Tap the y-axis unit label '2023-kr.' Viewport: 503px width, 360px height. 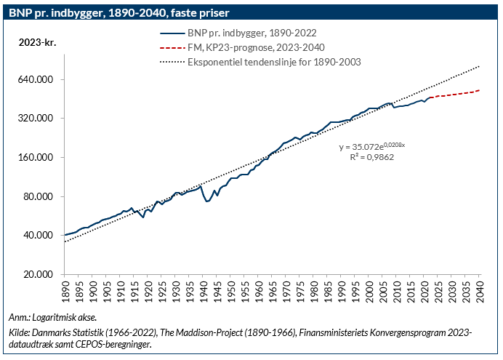[x=37, y=41]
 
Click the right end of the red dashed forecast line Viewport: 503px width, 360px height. [x=480, y=90]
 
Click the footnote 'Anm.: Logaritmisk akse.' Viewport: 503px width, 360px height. [x=52, y=318]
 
